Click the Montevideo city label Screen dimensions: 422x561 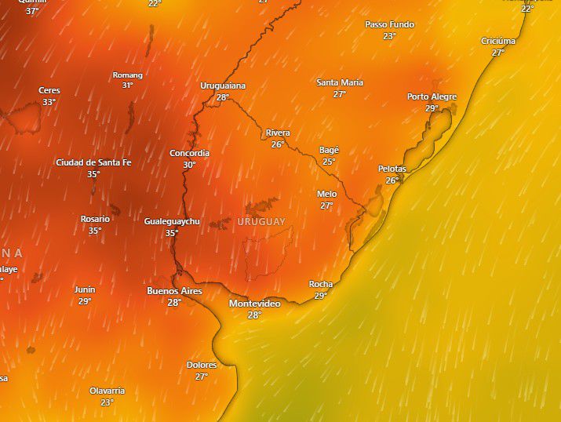click(254, 304)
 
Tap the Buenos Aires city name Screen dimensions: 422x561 click(174, 291)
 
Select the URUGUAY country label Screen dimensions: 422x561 click(261, 222)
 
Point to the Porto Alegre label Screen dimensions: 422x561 click(432, 97)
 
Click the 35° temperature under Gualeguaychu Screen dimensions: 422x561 click(172, 233)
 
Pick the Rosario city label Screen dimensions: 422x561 click(95, 220)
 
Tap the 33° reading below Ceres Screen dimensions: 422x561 click(49, 102)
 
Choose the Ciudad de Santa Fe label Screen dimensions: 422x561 click(93, 163)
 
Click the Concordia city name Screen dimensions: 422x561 click(189, 154)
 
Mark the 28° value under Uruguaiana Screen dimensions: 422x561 click(223, 98)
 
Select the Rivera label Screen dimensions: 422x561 click(278, 133)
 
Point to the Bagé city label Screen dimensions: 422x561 click(329, 151)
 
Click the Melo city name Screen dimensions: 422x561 click(326, 195)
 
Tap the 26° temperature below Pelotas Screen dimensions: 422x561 click(392, 180)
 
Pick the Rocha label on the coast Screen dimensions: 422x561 click(320, 285)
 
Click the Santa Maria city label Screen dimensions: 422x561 click(339, 83)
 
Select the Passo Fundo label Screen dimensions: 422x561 click(388, 25)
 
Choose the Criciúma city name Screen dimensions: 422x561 click(498, 42)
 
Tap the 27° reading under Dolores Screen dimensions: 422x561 click(202, 377)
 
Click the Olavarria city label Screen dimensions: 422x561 click(107, 391)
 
